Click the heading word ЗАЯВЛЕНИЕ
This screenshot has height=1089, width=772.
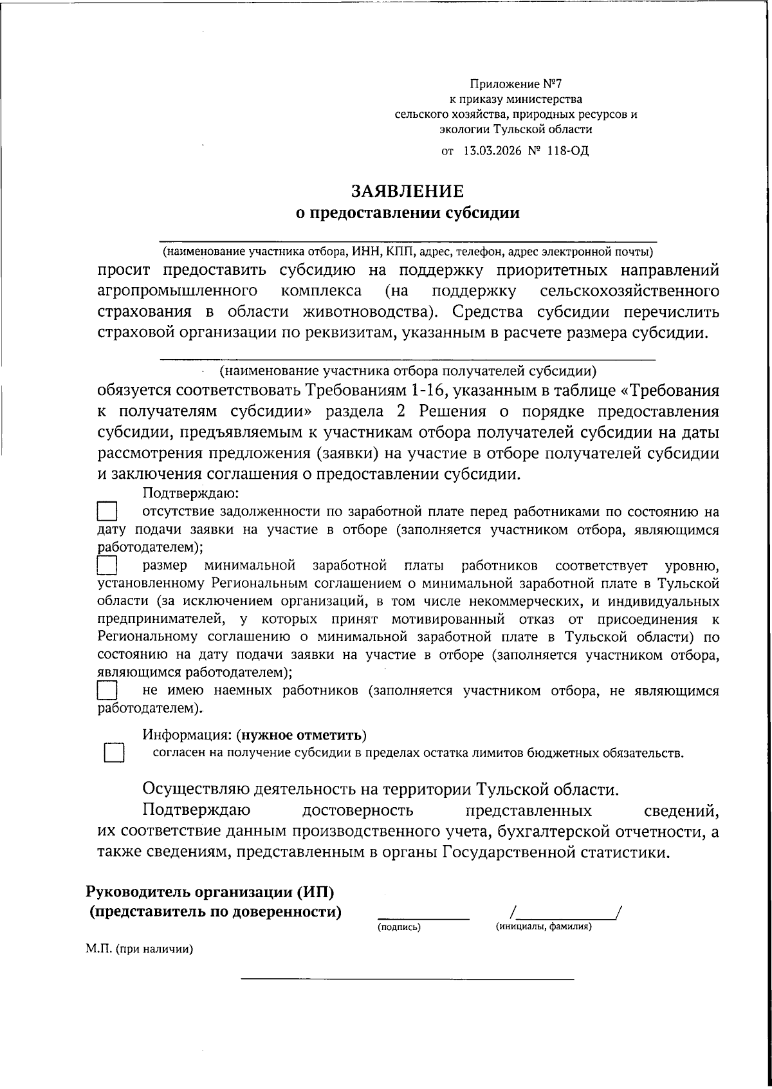tap(407, 191)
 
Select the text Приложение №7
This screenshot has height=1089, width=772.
tap(516, 84)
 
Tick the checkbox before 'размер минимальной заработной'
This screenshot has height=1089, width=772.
tap(107, 566)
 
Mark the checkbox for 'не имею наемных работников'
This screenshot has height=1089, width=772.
tap(107, 691)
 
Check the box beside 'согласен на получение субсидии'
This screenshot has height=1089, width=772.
tap(114, 753)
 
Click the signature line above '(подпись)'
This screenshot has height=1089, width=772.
tap(423, 917)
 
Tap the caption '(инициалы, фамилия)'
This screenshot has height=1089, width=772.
tap(544, 927)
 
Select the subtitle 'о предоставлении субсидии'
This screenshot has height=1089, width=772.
tap(407, 213)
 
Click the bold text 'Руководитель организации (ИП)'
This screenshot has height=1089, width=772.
tap(210, 892)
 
